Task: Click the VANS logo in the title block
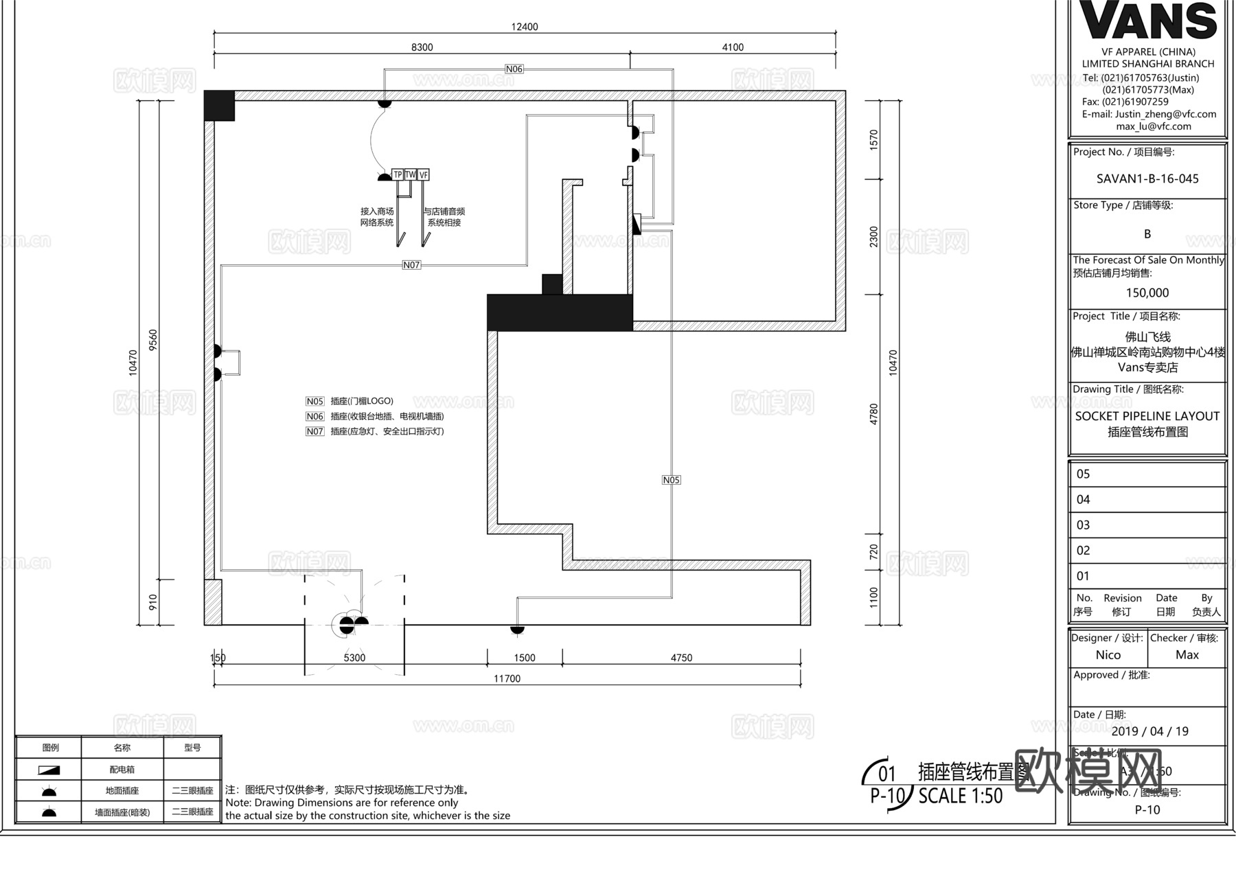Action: click(1148, 21)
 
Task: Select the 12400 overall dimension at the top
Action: click(525, 27)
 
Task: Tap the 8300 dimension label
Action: click(422, 47)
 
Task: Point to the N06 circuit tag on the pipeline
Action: click(514, 69)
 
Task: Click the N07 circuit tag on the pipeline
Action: click(411, 265)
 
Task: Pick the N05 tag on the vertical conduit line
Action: click(672, 480)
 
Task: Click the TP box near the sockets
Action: click(398, 175)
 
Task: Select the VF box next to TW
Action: click(424, 175)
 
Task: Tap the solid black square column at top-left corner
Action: click(220, 106)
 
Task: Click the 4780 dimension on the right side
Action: click(873, 414)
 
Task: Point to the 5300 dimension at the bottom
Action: click(354, 658)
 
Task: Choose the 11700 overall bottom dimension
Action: click(507, 678)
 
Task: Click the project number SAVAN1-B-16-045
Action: click(1147, 179)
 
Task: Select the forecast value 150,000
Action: click(1147, 292)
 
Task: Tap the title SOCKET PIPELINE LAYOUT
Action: click(1147, 416)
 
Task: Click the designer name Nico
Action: click(1108, 655)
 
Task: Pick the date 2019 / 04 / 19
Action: click(1149, 731)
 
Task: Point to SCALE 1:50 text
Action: click(961, 796)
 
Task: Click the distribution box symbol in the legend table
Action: click(49, 770)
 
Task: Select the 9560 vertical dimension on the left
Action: click(153, 340)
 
